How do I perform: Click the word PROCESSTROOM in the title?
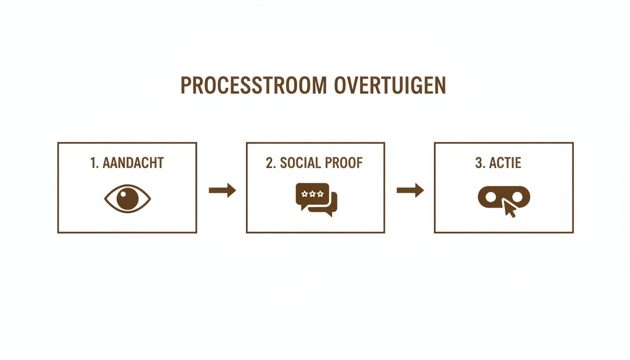[254, 86]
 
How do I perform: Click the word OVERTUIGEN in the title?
[390, 86]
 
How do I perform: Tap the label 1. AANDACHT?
[127, 163]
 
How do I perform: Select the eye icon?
[127, 199]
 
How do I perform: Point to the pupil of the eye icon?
[127, 199]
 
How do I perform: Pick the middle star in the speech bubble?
[312, 194]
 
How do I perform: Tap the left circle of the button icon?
[490, 197]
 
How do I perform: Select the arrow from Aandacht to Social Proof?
[222, 190]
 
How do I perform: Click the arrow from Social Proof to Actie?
[410, 190]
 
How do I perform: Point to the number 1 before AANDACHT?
[93, 163]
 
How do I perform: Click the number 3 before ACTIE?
[478, 163]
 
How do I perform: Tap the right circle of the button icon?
[518, 197]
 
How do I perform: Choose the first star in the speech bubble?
[305, 194]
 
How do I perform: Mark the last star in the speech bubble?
[320, 194]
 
